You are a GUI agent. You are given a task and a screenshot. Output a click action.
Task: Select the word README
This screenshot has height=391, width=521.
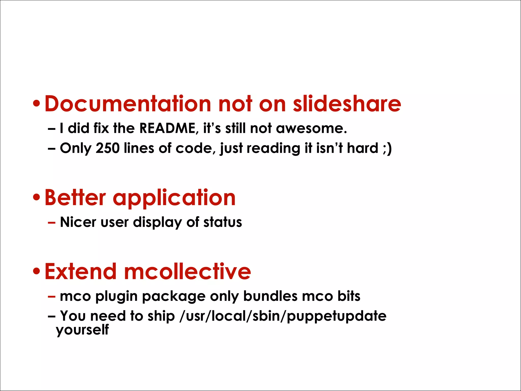coord(167,128)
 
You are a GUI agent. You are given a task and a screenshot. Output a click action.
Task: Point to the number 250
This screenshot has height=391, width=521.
coord(107,148)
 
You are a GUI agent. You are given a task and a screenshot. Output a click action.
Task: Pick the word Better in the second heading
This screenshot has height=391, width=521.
coord(75,198)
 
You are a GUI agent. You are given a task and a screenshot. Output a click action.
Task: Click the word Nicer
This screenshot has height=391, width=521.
coord(78,222)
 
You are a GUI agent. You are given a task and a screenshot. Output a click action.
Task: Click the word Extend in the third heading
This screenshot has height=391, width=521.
coord(80,271)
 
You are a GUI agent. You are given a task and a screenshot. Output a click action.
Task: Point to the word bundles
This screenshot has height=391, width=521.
coord(270,296)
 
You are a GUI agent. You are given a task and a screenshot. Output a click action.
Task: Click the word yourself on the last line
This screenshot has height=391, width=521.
coord(82,330)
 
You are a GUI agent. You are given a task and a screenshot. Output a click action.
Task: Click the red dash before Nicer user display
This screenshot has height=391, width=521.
coord(51,222)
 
